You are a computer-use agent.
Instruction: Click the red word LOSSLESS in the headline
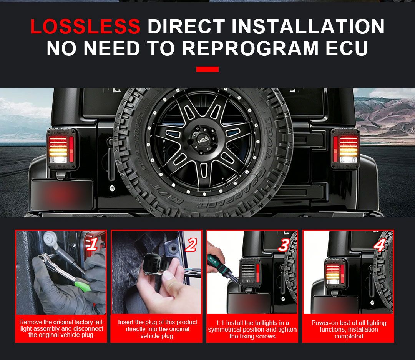tap(85, 27)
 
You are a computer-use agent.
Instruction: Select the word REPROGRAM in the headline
tap(250, 48)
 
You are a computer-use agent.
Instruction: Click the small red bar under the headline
tap(207, 69)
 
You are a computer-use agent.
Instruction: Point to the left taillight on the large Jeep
tap(61, 149)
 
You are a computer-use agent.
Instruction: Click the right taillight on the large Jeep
tap(345, 149)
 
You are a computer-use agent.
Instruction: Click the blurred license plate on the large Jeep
tap(62, 195)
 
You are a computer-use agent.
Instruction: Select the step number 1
tap(93, 244)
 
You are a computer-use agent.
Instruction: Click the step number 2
tap(191, 245)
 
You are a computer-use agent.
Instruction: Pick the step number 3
tap(284, 245)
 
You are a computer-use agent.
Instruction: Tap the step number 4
tap(379, 245)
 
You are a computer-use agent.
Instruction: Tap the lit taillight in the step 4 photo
tap(335, 273)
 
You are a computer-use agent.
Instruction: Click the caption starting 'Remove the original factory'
tap(61, 328)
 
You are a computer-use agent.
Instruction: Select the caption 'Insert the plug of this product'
tap(158, 329)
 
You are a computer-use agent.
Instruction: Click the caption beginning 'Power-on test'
tap(349, 330)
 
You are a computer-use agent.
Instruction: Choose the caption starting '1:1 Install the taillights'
tap(252, 330)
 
